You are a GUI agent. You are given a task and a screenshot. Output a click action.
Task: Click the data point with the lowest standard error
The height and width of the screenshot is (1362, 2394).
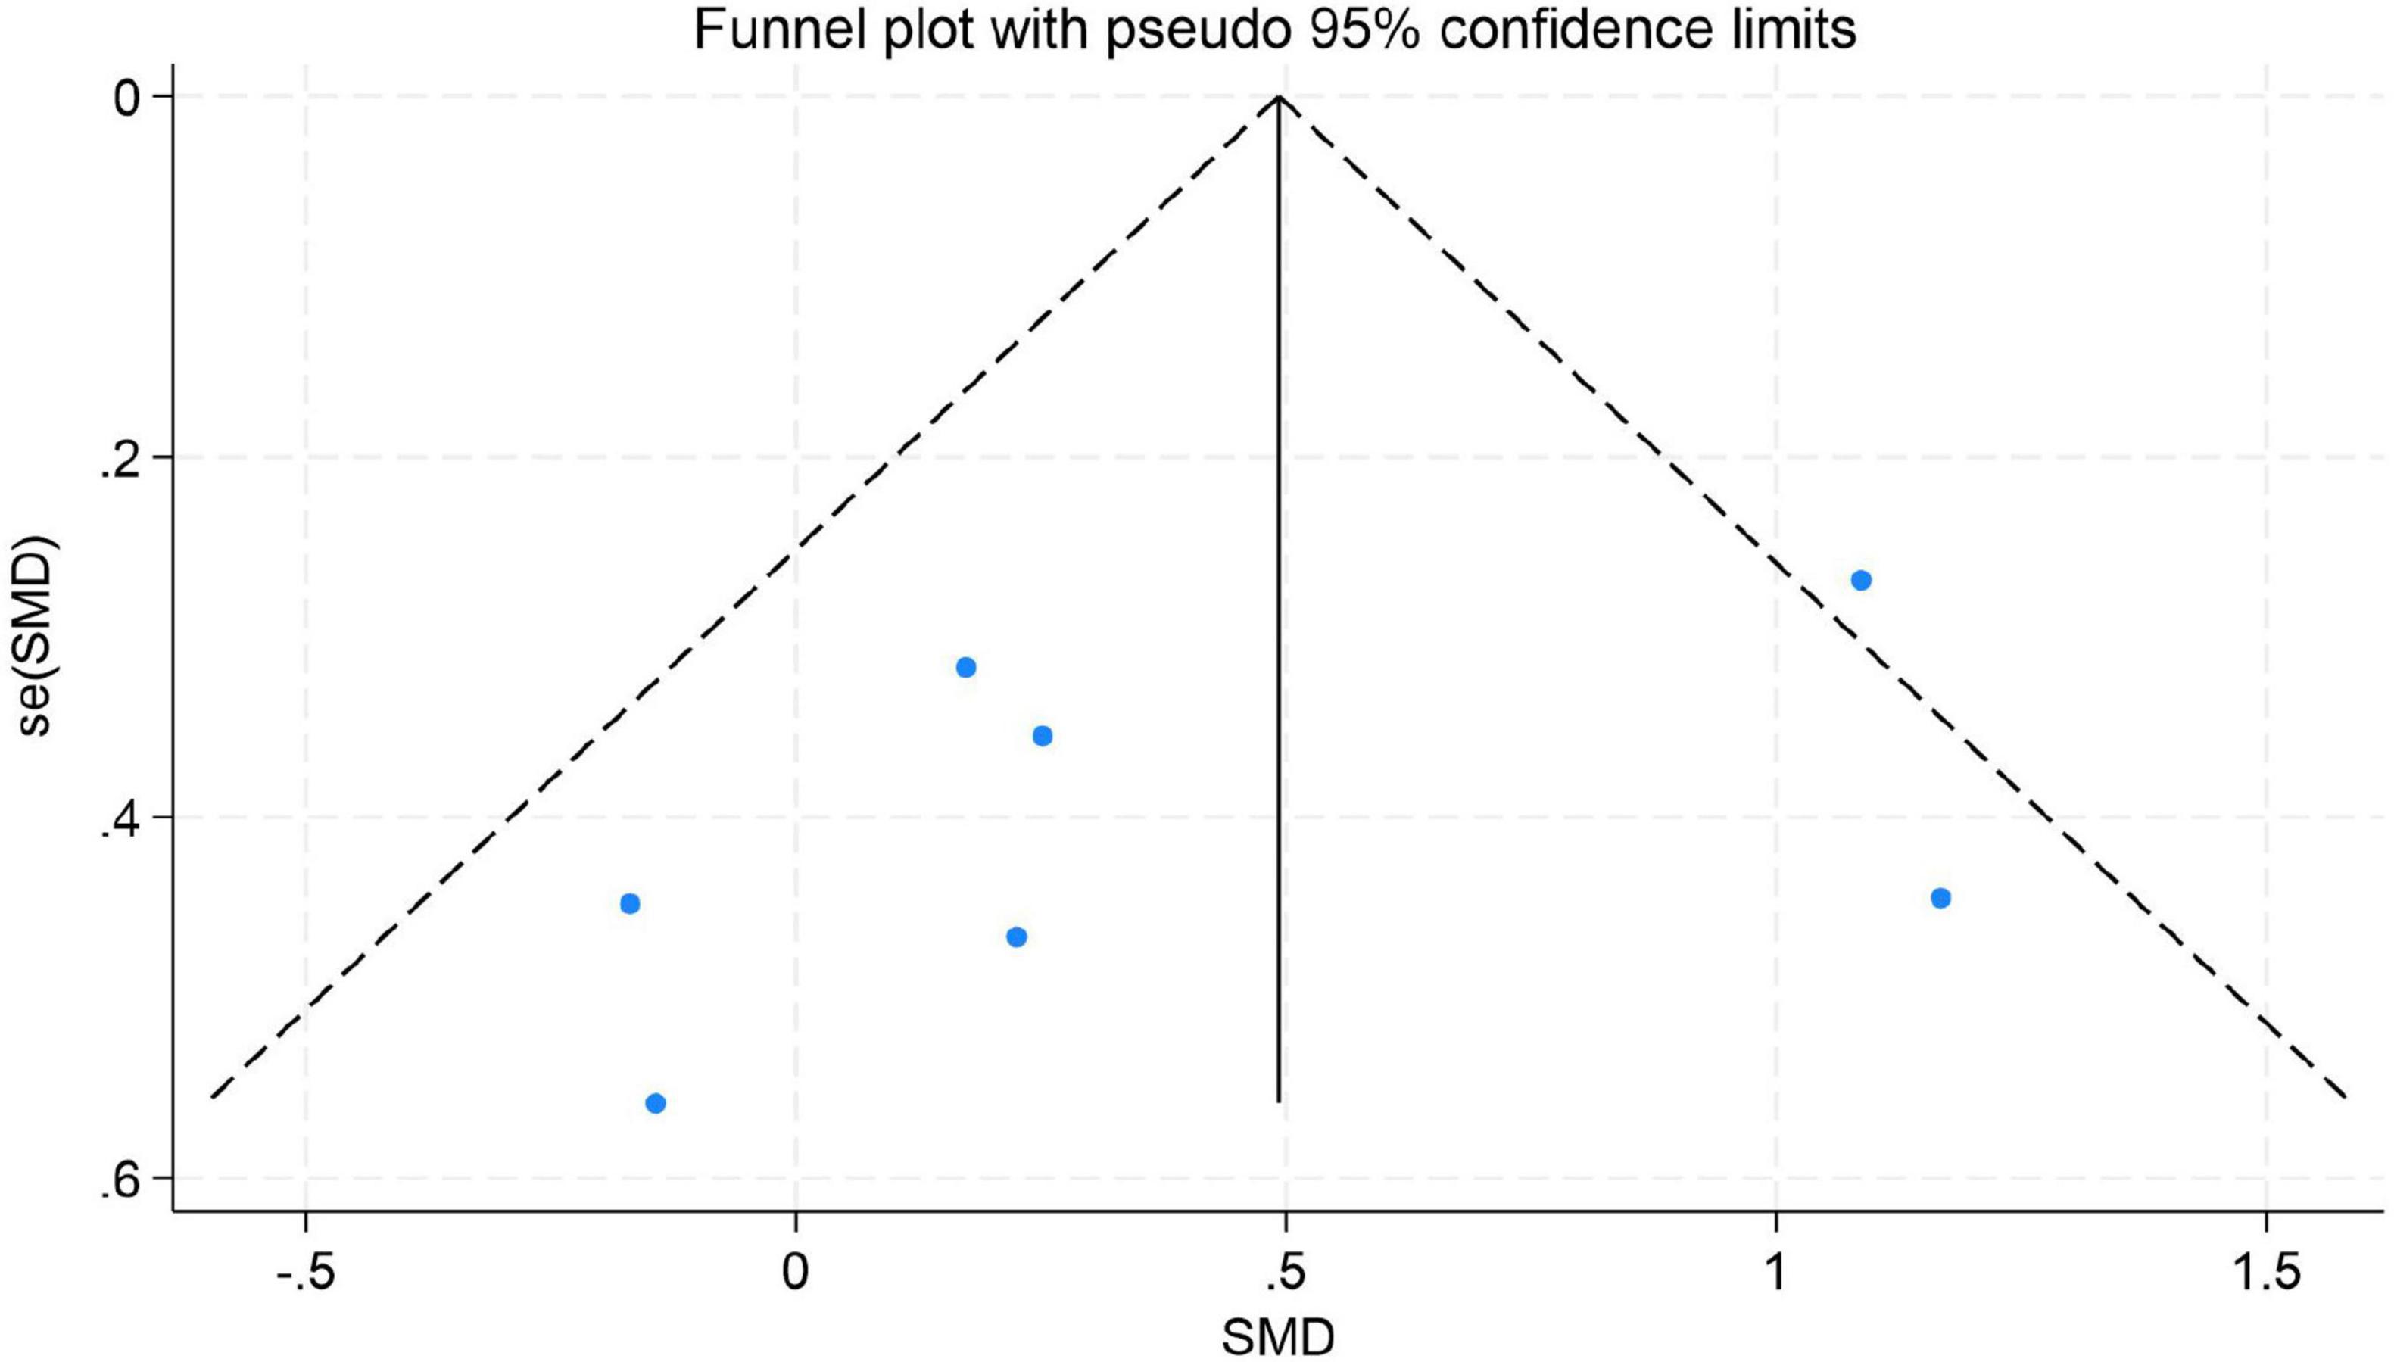1861,580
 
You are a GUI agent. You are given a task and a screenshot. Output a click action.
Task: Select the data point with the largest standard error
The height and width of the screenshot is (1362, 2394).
656,1103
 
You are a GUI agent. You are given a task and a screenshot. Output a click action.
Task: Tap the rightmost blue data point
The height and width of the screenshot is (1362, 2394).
1940,898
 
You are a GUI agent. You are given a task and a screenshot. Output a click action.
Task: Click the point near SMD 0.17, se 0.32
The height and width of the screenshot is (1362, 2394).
966,667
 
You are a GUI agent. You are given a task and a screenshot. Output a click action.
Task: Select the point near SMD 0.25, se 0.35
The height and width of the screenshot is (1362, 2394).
1043,735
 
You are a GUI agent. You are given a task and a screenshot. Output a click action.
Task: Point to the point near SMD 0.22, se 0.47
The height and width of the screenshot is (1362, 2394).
1017,937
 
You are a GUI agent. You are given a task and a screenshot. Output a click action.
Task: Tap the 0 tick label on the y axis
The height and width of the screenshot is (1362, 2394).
129,97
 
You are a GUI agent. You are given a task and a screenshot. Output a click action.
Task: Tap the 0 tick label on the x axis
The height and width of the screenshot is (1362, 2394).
795,1275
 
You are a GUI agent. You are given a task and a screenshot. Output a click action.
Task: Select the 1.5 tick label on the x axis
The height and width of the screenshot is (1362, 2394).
2265,1275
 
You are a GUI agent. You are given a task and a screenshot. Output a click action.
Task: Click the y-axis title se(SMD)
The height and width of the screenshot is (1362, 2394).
37,636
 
